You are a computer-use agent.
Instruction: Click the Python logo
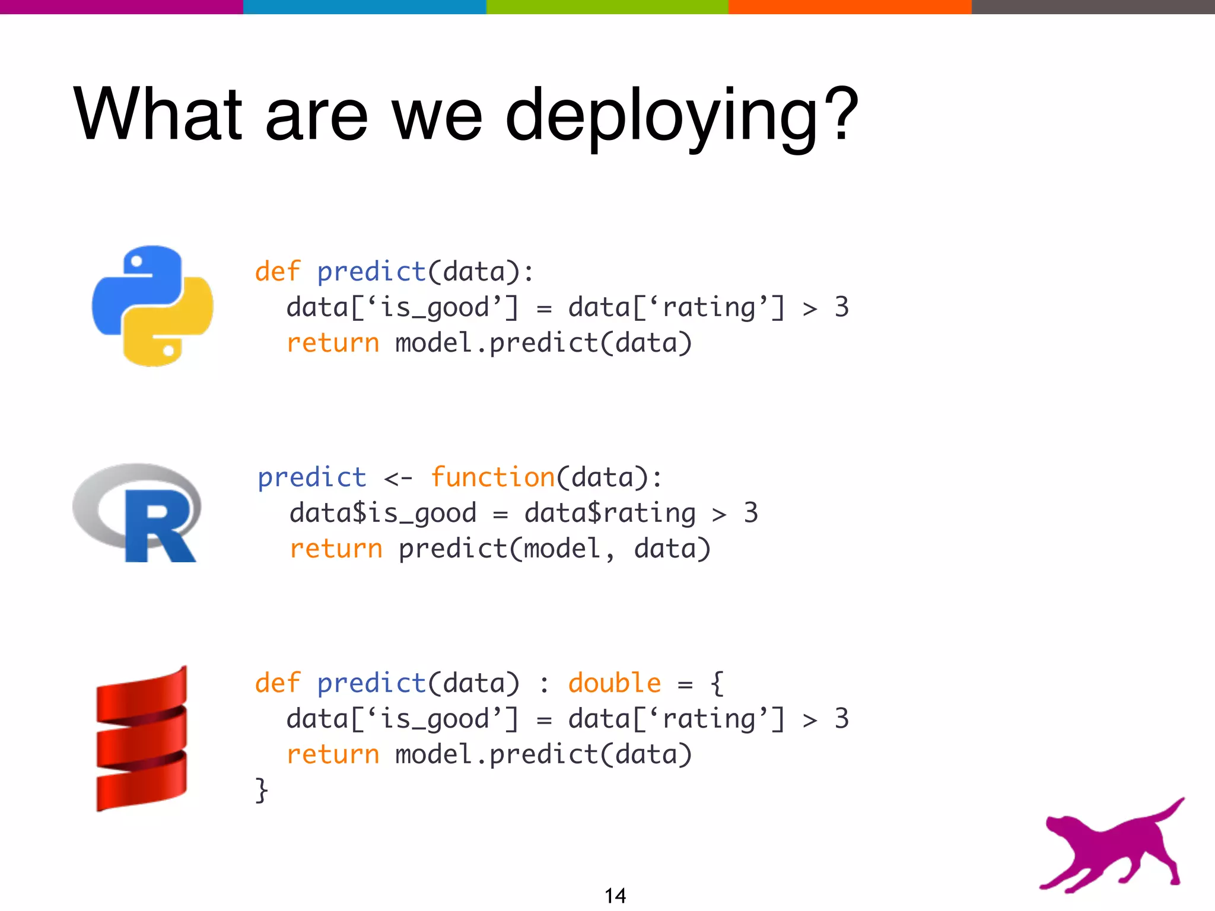[152, 305]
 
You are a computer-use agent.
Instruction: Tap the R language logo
[138, 512]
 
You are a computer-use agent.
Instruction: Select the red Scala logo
[142, 738]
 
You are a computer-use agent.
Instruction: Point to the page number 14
[615, 895]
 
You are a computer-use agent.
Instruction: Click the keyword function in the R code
[492, 477]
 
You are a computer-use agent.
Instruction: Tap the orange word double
[614, 683]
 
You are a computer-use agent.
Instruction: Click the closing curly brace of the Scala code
[262, 790]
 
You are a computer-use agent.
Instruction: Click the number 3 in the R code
[750, 513]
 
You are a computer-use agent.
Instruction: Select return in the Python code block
[333, 343]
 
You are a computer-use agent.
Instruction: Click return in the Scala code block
[333, 755]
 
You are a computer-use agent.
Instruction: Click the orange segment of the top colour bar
[850, 7]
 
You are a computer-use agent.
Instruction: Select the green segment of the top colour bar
[607, 7]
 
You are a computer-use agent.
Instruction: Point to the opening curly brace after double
[717, 683]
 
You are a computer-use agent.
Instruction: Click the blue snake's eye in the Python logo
[137, 261]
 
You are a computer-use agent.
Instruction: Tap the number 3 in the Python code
[841, 307]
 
